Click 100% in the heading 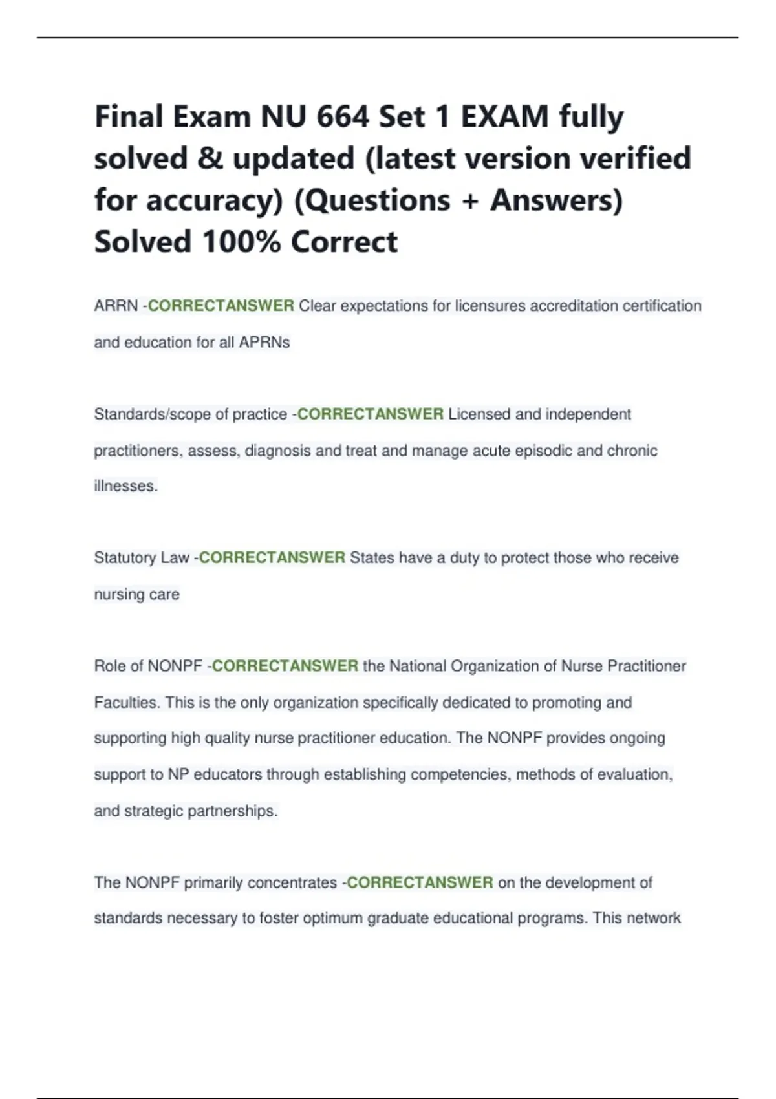point(241,242)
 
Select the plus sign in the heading point(470,201)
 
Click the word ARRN point(116,306)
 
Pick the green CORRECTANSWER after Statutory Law point(272,558)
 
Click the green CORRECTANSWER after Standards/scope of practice point(370,414)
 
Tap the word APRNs point(264,343)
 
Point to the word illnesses point(125,486)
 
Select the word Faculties point(127,703)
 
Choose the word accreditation point(574,306)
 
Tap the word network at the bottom point(654,919)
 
